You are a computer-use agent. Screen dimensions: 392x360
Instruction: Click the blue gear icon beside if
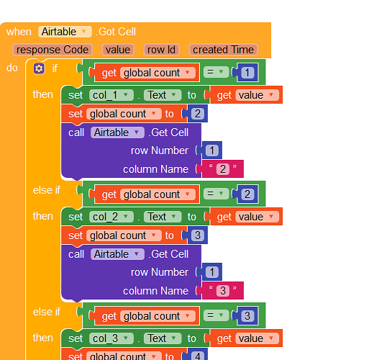coord(39,68)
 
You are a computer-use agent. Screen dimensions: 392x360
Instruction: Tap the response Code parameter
coord(53,50)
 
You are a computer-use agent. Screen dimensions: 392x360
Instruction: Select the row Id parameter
coord(162,50)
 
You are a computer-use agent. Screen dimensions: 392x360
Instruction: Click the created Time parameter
coord(223,50)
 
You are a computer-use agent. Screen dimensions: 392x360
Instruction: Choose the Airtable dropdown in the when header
coord(65,32)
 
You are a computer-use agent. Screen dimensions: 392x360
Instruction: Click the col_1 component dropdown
coord(111,95)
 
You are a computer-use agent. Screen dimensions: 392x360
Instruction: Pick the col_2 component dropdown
coord(111,217)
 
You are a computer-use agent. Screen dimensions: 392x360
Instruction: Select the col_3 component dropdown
coord(111,338)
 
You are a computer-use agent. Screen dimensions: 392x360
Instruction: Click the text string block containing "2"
coord(223,169)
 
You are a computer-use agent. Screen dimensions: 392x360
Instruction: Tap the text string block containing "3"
coord(223,290)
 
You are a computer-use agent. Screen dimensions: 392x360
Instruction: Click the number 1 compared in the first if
coord(247,73)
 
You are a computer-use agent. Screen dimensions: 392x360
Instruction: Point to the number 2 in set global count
coord(198,114)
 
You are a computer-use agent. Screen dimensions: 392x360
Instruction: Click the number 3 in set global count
coord(198,235)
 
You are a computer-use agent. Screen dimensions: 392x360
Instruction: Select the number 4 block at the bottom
coord(198,355)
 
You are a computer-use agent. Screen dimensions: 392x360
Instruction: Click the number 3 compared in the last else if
coord(247,315)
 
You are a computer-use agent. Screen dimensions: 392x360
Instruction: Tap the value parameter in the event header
coord(118,50)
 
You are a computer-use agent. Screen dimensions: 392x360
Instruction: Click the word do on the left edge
coord(12,68)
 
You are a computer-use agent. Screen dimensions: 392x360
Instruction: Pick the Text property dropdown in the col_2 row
coord(163,217)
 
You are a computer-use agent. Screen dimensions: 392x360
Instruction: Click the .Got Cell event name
coord(116,32)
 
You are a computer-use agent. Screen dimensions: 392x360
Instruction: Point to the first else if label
coord(47,190)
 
